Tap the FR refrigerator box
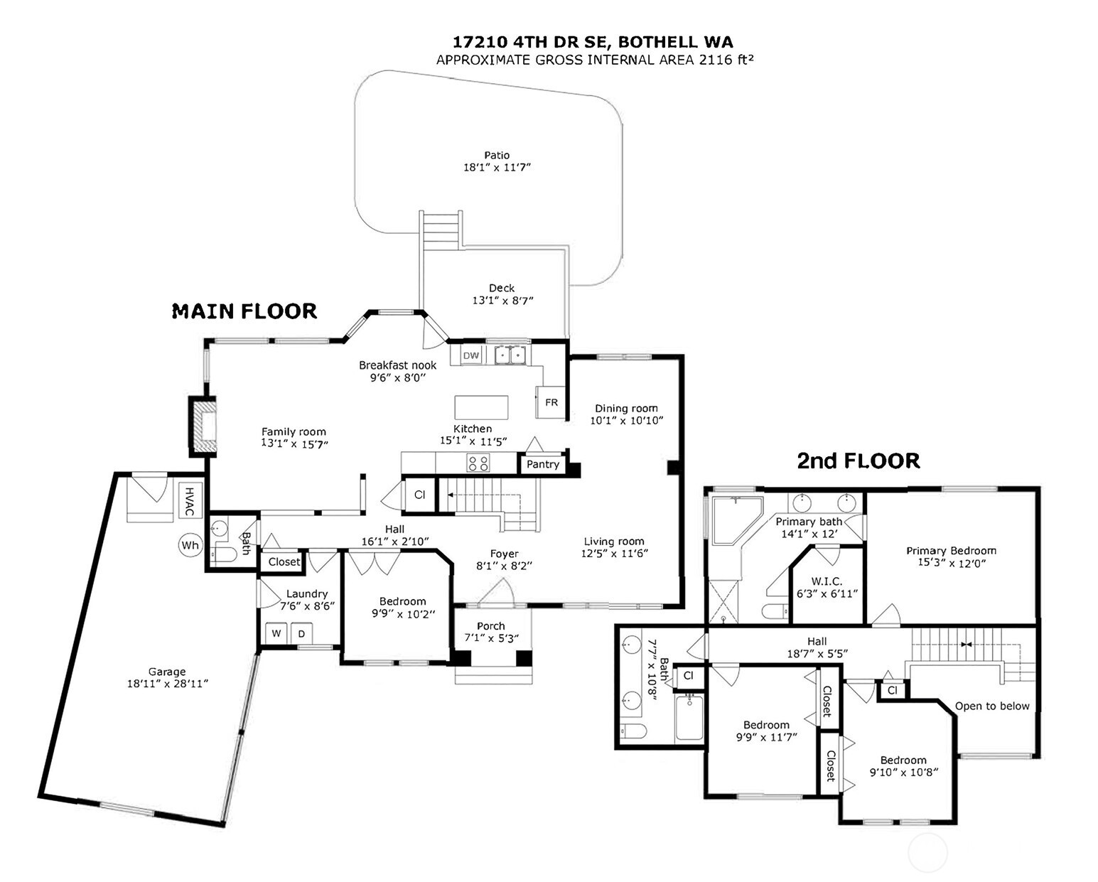pos(551,402)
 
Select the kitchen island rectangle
pos(481,407)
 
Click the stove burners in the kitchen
pos(478,463)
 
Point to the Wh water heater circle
pos(190,546)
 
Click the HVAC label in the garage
pos(190,502)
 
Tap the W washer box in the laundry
pos(276,633)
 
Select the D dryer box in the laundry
pos(301,633)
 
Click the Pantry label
pos(543,464)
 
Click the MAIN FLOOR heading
pos(244,311)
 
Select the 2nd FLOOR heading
pos(858,461)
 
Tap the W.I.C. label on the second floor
pos(827,581)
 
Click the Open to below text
pos(991,706)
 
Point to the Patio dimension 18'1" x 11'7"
pos(497,168)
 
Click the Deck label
pos(501,288)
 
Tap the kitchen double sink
pos(512,354)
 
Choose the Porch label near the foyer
pos(491,626)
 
